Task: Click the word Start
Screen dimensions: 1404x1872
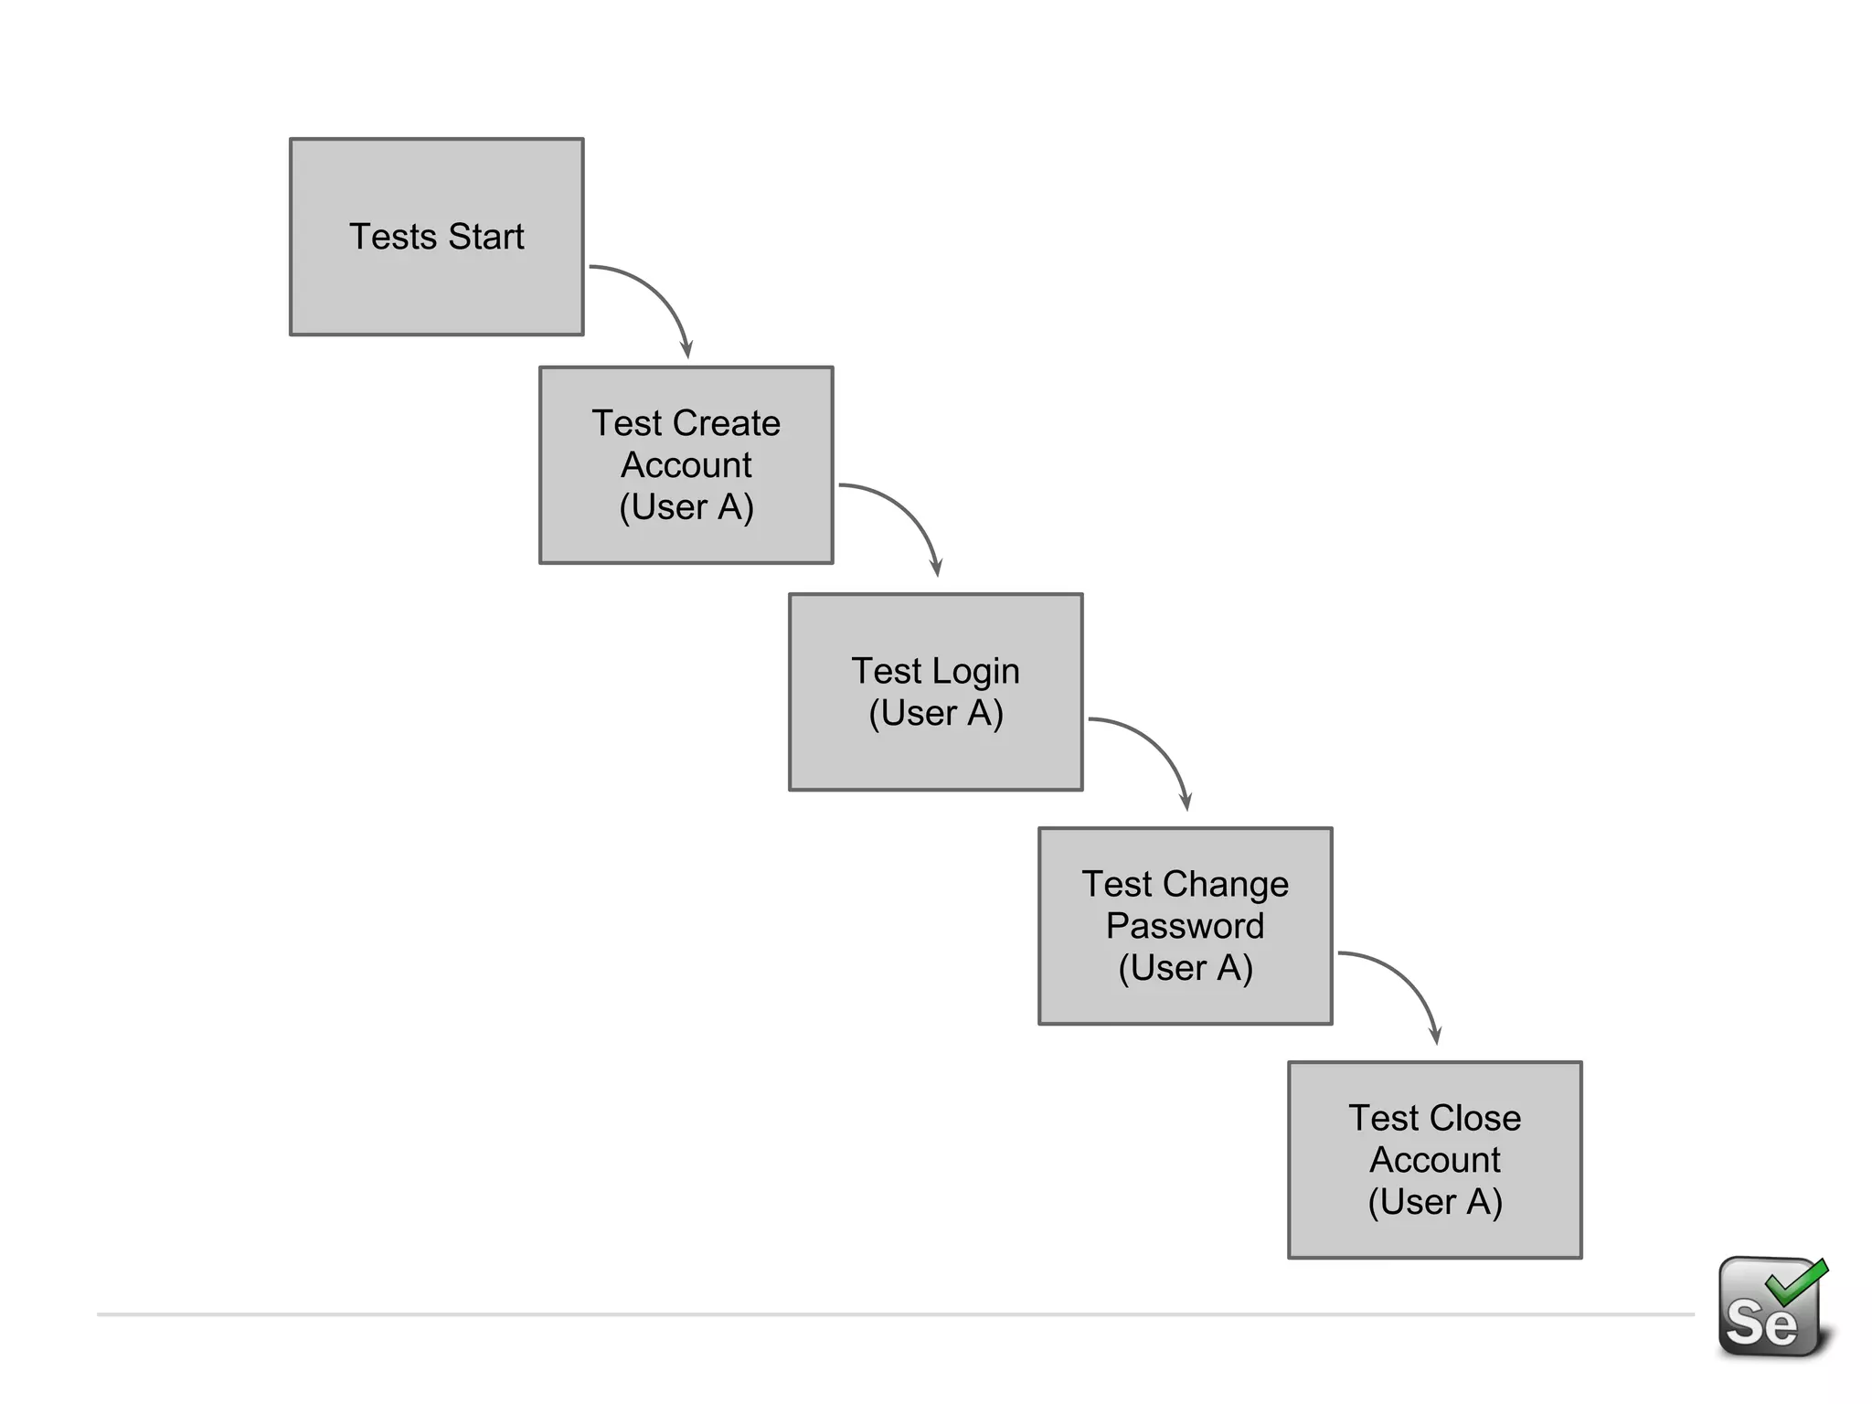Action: [485, 237]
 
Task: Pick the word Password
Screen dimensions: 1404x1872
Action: [1185, 926]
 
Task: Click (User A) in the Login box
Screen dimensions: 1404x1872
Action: [935, 713]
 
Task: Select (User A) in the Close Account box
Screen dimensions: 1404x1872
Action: [1434, 1202]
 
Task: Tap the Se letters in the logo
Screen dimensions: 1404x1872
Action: [1760, 1322]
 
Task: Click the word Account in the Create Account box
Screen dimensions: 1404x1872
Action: [686, 465]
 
